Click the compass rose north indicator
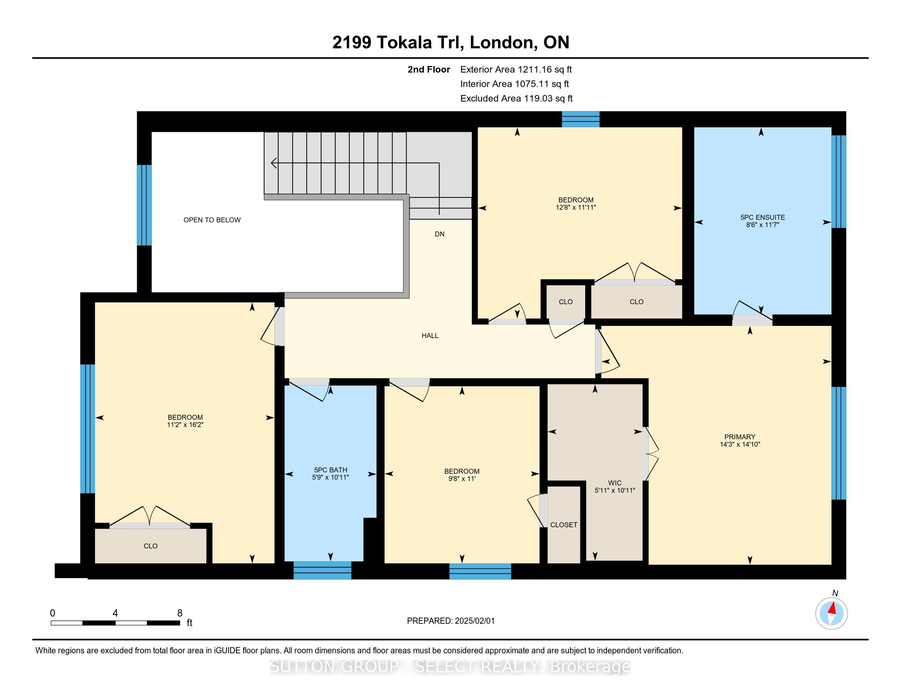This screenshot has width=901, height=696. pyautogui.click(x=831, y=613)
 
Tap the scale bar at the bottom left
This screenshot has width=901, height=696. pyautogui.click(x=115, y=623)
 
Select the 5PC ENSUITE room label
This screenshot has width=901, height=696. pyautogui.click(x=763, y=217)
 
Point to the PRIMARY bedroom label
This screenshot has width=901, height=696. pyautogui.click(x=740, y=437)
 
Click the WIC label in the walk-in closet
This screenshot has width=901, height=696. pyautogui.click(x=615, y=483)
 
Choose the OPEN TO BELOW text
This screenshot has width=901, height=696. pyautogui.click(x=212, y=220)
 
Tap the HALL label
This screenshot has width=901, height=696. pyautogui.click(x=430, y=336)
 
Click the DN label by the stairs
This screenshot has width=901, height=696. pyautogui.click(x=439, y=234)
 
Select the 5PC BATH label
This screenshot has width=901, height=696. pyautogui.click(x=331, y=470)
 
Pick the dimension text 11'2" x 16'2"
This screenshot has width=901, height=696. pyautogui.click(x=185, y=425)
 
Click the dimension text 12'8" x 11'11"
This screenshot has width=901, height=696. pyautogui.click(x=576, y=208)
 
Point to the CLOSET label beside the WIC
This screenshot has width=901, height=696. pyautogui.click(x=564, y=525)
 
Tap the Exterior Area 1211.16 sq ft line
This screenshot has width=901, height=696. pyautogui.click(x=516, y=69)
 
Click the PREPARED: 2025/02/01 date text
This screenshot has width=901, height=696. pyautogui.click(x=450, y=621)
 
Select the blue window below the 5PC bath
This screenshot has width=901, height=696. pyautogui.click(x=322, y=570)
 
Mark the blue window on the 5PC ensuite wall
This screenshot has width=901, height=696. pyautogui.click(x=839, y=181)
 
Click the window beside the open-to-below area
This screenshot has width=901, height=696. pyautogui.click(x=144, y=206)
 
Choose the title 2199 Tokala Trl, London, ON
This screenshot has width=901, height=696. pyautogui.click(x=450, y=43)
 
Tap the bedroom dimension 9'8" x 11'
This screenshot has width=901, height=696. pyautogui.click(x=462, y=479)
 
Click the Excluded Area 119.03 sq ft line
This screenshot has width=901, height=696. pyautogui.click(x=516, y=98)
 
